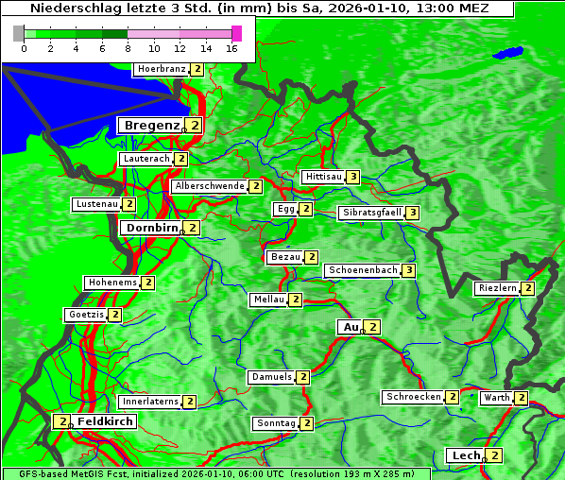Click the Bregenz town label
point(150,125)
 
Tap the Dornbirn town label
point(151,228)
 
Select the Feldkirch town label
point(105,421)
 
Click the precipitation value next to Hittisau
point(352,177)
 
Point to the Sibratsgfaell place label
point(371,213)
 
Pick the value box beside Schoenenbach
point(408,270)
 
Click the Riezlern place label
point(497,288)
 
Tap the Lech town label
point(466,455)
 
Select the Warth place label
point(496,398)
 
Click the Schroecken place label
point(413,397)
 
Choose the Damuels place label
point(271,377)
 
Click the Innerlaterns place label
point(150,402)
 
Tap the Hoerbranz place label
point(161,69)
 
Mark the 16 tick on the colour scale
point(231,48)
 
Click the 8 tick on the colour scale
point(128,48)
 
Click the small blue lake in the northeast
point(510,53)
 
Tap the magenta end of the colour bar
point(236,33)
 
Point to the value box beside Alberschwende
point(255,186)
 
